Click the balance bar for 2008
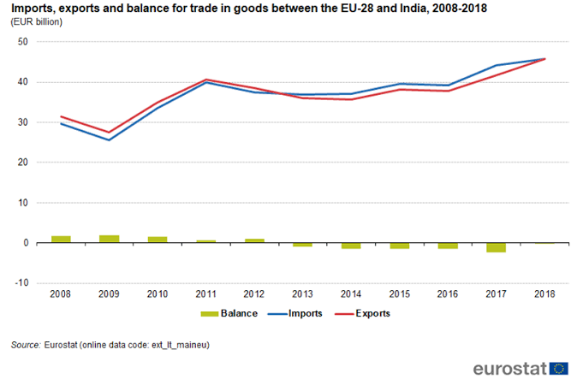click(61, 240)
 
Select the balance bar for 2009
click(109, 239)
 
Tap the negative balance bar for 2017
click(497, 247)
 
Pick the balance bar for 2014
click(352, 246)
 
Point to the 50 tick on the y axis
click(22, 42)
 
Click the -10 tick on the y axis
click(21, 283)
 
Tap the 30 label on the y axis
click(22, 122)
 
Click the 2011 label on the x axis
click(206, 293)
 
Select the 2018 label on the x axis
click(545, 293)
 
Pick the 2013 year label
click(303, 293)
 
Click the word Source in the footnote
click(25, 345)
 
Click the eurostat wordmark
click(509, 369)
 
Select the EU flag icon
click(560, 368)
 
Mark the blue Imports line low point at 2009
click(109, 139)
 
